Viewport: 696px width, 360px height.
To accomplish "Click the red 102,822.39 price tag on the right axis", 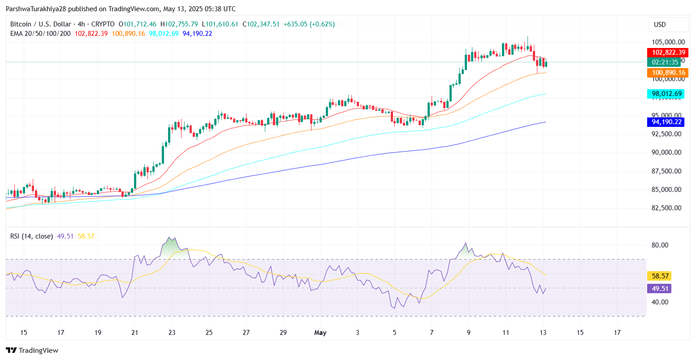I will pyautogui.click(x=668, y=52).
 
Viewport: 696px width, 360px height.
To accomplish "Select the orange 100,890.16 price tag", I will pyautogui.click(x=668, y=73).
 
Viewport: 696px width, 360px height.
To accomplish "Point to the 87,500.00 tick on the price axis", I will pyautogui.click(x=666, y=171).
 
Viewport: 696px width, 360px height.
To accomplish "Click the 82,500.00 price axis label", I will pyautogui.click(x=666, y=208).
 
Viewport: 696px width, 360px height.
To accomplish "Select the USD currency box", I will pyautogui.click(x=660, y=25).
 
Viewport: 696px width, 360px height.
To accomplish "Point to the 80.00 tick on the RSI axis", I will pyautogui.click(x=660, y=245).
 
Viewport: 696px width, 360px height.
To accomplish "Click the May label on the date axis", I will pyautogui.click(x=320, y=333).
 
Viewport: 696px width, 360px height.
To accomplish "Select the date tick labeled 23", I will pyautogui.click(x=172, y=333).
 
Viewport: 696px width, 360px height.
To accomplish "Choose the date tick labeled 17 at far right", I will pyautogui.click(x=617, y=333).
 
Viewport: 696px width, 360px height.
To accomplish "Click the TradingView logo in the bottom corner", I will pyautogui.click(x=32, y=351).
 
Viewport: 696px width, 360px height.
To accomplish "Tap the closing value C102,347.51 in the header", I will pyautogui.click(x=261, y=24).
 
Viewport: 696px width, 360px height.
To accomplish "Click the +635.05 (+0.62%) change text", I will pyautogui.click(x=309, y=24).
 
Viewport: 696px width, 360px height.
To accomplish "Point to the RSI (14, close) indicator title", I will pyautogui.click(x=32, y=236).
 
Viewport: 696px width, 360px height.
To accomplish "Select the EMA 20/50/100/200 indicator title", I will pyautogui.click(x=40, y=34).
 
